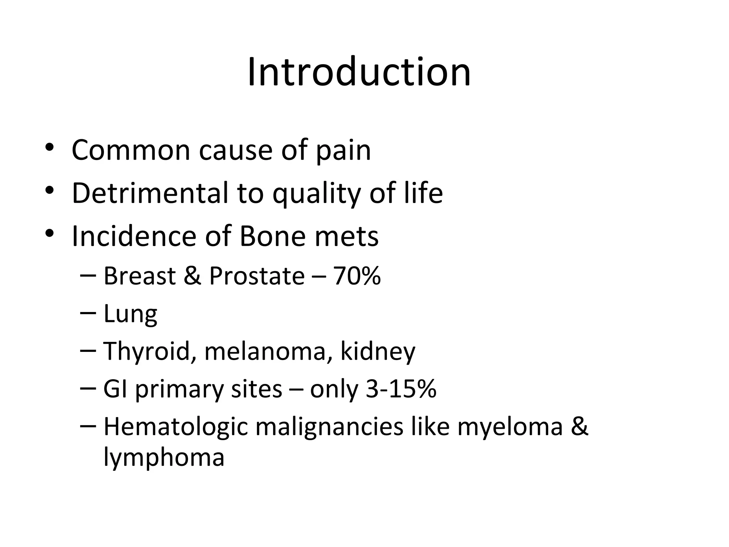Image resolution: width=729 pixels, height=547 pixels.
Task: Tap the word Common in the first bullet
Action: (131, 150)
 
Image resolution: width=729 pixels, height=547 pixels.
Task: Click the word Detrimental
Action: (150, 193)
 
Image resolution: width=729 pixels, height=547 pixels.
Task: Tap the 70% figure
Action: (357, 276)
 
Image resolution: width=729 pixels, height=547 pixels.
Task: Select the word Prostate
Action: (257, 276)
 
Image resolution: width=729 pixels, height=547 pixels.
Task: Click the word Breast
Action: (140, 276)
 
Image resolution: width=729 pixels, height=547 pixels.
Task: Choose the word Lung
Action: (130, 314)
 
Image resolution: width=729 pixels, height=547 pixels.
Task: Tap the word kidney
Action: (378, 352)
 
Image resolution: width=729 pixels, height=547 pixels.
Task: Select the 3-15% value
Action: (401, 389)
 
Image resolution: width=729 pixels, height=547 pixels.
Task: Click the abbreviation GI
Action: (115, 389)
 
